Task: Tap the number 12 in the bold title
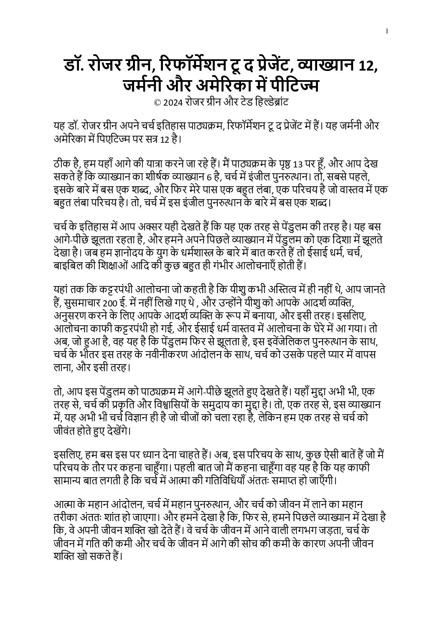click(366, 66)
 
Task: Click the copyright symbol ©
click(157, 102)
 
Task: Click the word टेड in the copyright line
click(241, 102)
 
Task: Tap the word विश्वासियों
click(188, 405)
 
